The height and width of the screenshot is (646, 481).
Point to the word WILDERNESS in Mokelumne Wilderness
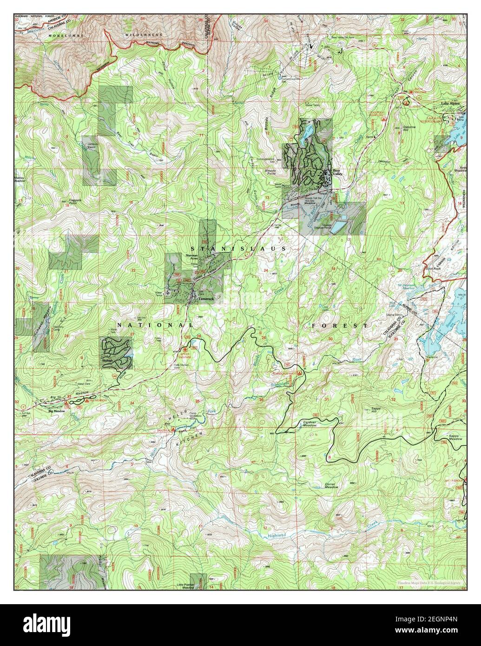(145, 35)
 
